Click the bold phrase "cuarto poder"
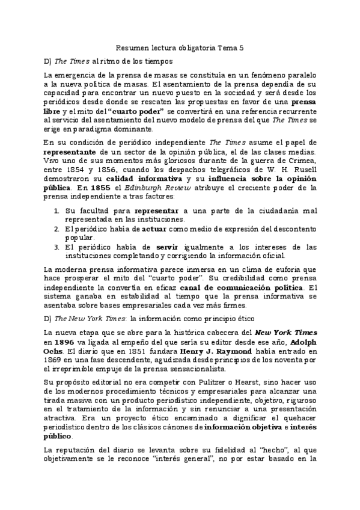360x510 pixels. pyautogui.click(x=138, y=111)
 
